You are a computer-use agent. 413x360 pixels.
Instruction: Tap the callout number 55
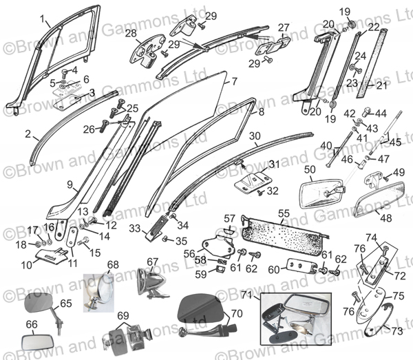click(x=284, y=214)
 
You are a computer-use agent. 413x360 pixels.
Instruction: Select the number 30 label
click(x=254, y=136)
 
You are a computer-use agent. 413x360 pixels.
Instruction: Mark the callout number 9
click(x=70, y=184)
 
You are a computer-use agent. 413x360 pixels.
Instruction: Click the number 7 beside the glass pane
click(x=234, y=81)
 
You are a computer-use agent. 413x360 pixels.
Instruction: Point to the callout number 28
click(x=130, y=34)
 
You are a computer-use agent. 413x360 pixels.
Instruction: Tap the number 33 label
click(x=136, y=227)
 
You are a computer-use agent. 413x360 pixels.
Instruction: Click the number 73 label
click(x=396, y=330)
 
